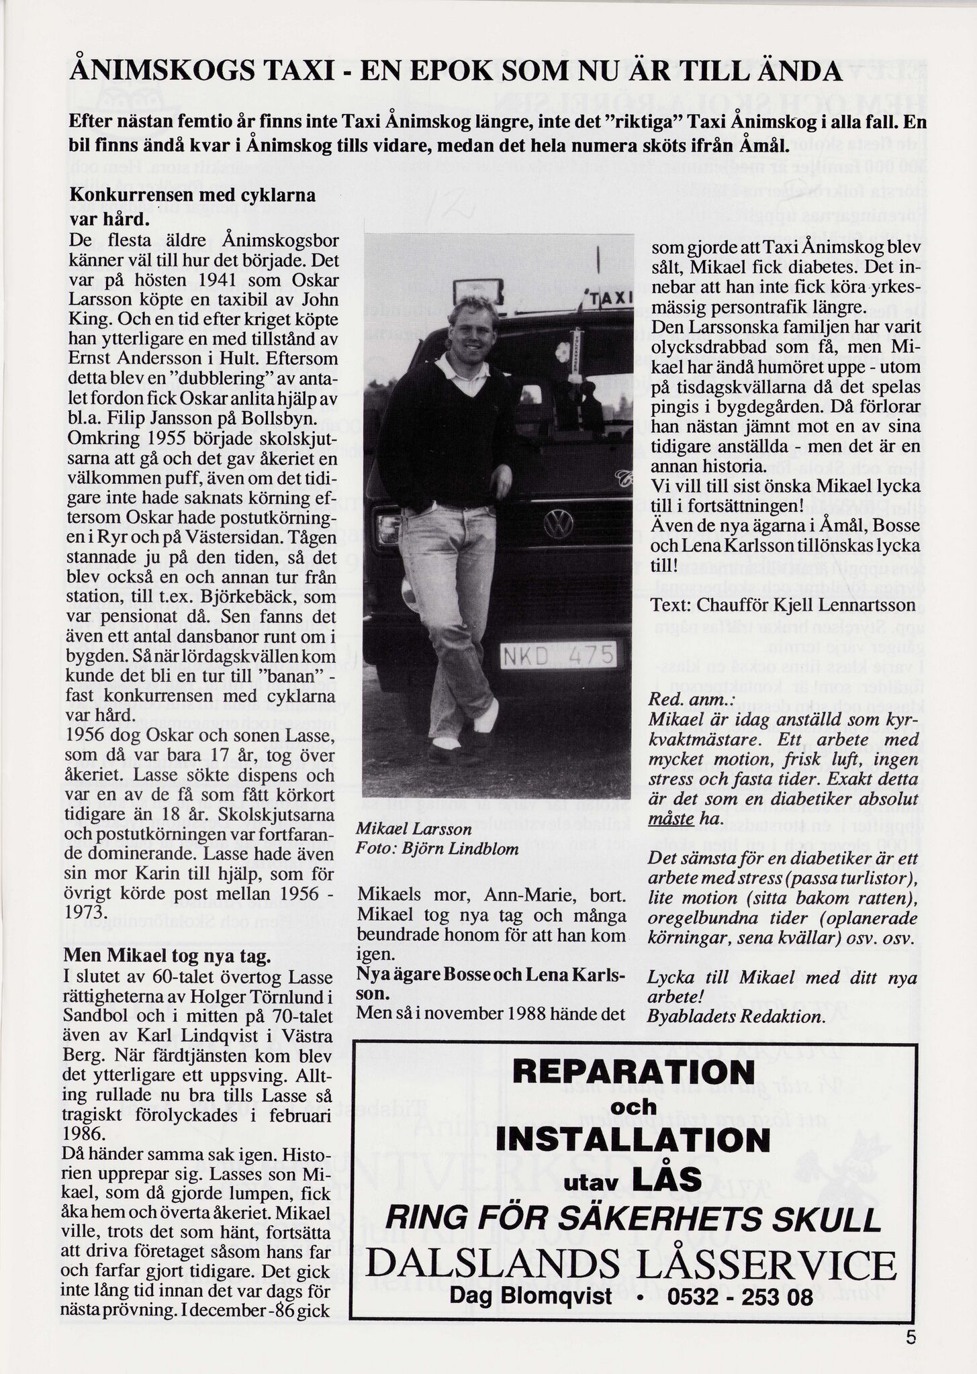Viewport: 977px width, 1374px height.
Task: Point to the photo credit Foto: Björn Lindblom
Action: (x=438, y=848)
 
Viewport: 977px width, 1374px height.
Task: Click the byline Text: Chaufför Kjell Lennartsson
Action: (x=783, y=605)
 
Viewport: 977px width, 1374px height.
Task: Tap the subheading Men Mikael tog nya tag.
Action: (x=167, y=955)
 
